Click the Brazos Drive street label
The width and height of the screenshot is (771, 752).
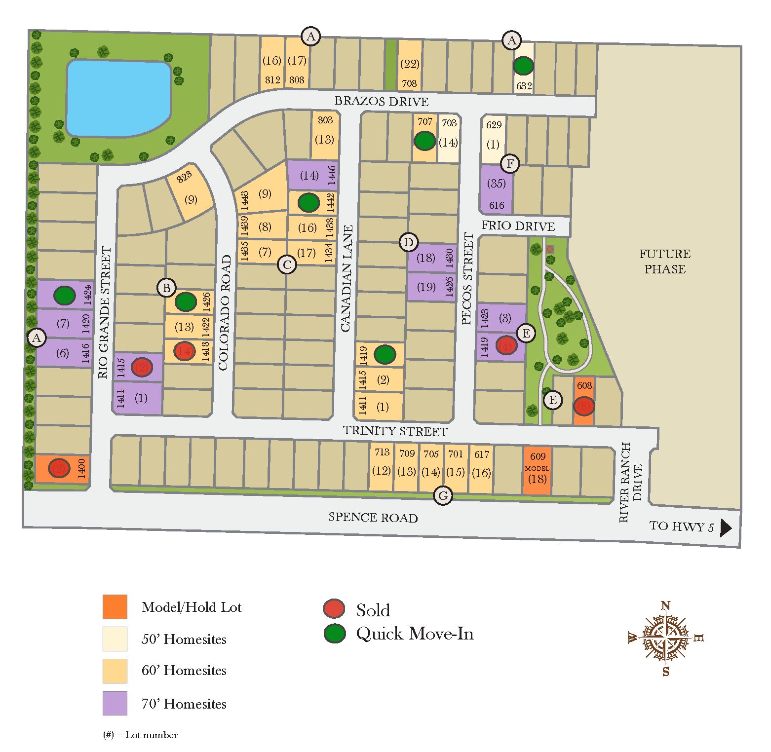pyautogui.click(x=382, y=101)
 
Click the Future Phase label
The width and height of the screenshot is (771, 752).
pyautogui.click(x=664, y=262)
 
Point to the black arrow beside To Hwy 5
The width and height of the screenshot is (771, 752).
pyautogui.click(x=725, y=528)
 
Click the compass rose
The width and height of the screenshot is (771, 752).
pyautogui.click(x=666, y=638)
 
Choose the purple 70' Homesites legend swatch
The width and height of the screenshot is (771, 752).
pyautogui.click(x=115, y=703)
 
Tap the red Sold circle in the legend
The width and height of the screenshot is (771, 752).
pyautogui.click(x=334, y=609)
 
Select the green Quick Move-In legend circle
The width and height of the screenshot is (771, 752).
pyautogui.click(x=334, y=634)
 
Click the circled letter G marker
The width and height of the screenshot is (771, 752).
pyautogui.click(x=443, y=496)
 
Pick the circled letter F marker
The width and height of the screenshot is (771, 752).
pyautogui.click(x=510, y=164)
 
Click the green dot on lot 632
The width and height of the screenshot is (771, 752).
pyautogui.click(x=523, y=66)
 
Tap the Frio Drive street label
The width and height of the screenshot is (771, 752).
pyautogui.click(x=518, y=226)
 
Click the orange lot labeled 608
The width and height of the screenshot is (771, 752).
pyautogui.click(x=584, y=401)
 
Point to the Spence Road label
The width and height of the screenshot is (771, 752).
pyautogui.click(x=373, y=518)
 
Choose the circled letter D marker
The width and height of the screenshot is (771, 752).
pyautogui.click(x=408, y=242)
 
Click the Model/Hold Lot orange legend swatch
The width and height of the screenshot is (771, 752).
pyautogui.click(x=115, y=607)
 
